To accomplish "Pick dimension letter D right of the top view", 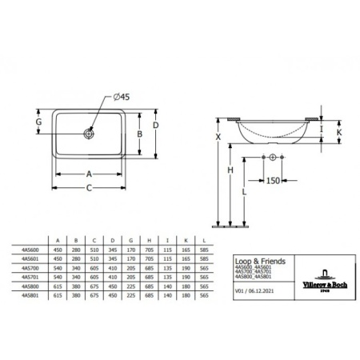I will pos(157,126).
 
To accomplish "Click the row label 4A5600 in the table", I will pos(33,249).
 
